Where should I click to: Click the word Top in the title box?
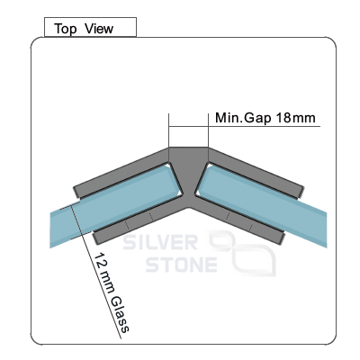coord(65,29)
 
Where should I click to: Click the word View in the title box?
coord(99,29)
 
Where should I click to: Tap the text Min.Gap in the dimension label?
coord(243,118)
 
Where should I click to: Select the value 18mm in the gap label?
coord(295,118)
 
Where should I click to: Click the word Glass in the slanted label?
coord(121,314)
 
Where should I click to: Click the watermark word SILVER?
coord(160,243)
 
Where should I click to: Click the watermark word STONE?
coord(182,265)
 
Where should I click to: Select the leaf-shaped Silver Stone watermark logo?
coord(243,254)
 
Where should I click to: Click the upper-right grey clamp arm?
coord(255,173)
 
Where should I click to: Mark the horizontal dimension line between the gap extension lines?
coord(188,126)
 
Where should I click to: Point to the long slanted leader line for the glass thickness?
coord(95,270)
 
